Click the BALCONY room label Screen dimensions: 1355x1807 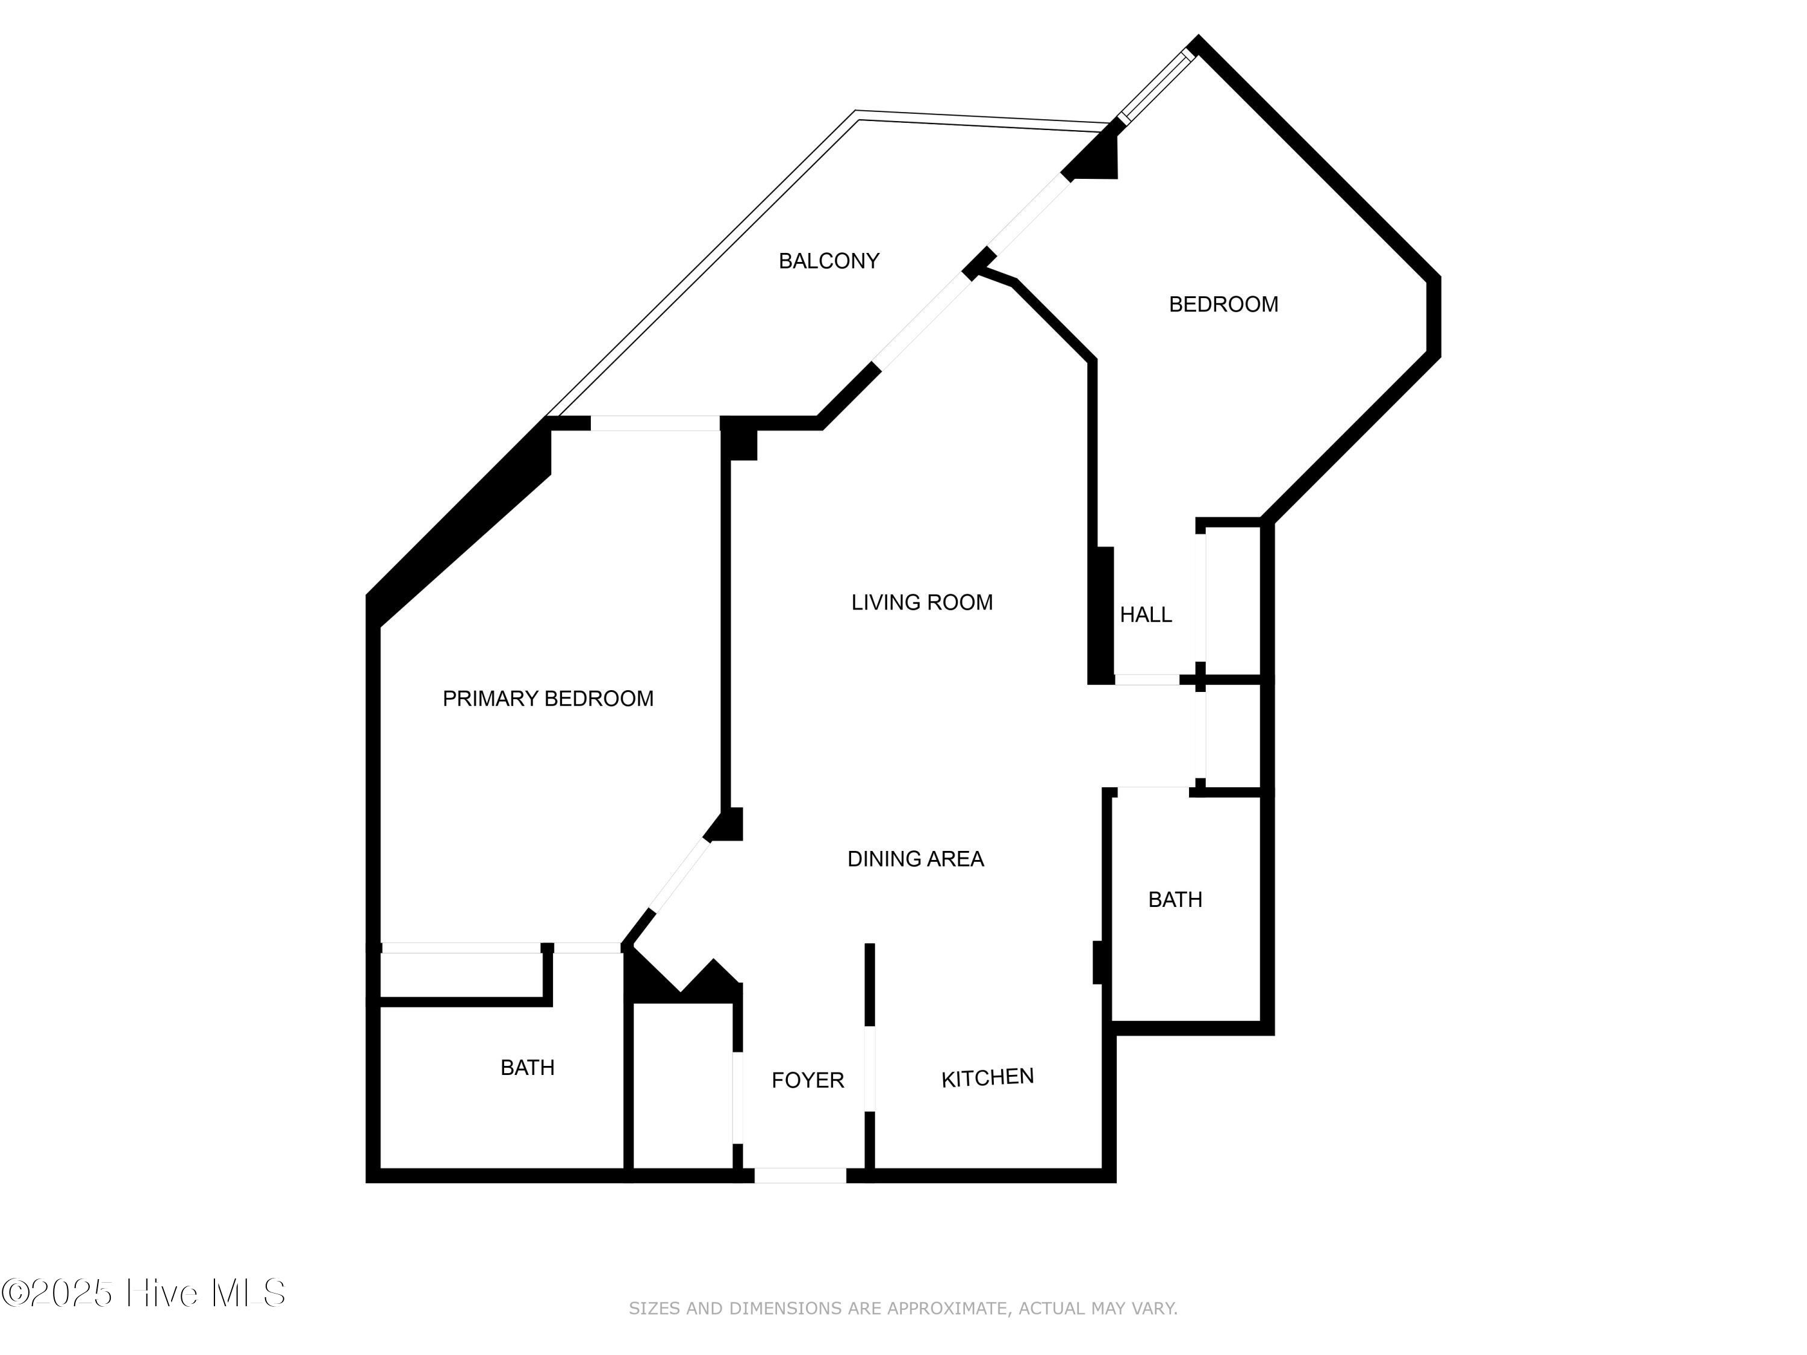[828, 261]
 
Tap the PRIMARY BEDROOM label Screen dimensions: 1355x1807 [548, 699]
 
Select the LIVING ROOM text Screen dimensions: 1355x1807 [922, 603]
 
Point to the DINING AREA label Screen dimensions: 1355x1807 [915, 859]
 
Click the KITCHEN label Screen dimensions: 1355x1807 [987, 1078]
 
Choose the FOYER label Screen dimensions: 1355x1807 [807, 1080]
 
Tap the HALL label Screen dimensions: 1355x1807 [1145, 615]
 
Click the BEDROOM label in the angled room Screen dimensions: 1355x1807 [1223, 305]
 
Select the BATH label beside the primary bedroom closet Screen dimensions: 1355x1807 [527, 1068]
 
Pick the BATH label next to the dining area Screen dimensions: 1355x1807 [1175, 900]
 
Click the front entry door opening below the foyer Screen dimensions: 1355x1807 [800, 1176]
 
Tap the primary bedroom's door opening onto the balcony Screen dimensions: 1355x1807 [654, 423]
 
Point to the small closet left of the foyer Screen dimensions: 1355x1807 [683, 1086]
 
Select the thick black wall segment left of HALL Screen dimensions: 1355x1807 [1101, 615]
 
